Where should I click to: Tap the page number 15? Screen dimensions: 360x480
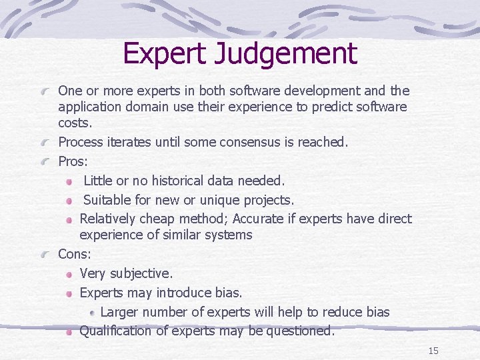(x=433, y=351)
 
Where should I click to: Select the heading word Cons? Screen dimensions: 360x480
(x=75, y=254)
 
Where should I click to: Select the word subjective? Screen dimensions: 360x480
(x=141, y=273)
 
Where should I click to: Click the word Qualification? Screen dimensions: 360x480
(x=115, y=331)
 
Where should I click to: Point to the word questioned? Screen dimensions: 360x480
(x=300, y=331)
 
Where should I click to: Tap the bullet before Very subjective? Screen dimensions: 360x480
(x=70, y=274)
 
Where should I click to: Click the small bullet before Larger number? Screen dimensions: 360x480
(x=91, y=313)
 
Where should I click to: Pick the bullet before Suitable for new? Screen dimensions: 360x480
(x=70, y=201)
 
